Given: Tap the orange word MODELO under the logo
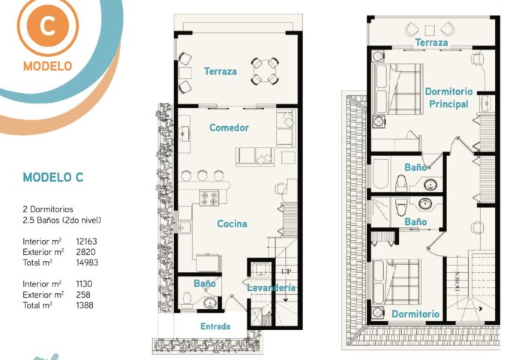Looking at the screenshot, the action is click(x=47, y=66).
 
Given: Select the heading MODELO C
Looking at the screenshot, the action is click(x=53, y=177).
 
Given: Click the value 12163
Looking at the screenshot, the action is click(x=86, y=241).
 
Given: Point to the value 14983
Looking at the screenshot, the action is click(x=87, y=262).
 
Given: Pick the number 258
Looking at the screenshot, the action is click(x=83, y=295).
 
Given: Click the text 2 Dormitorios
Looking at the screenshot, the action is click(x=48, y=209).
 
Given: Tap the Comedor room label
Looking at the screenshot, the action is click(x=229, y=127).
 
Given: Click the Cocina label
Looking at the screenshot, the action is click(x=232, y=223).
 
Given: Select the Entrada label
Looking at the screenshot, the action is click(x=215, y=326).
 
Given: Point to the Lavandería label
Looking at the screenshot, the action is click(x=271, y=288).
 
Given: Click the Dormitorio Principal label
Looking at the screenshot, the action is click(x=448, y=97).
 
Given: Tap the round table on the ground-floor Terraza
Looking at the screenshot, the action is click(x=265, y=71).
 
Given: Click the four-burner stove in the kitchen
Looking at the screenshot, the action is click(x=209, y=197).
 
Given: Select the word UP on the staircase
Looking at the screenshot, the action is click(x=286, y=271).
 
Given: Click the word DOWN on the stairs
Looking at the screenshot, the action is click(x=457, y=281).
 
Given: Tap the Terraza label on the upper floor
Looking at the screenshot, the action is click(x=431, y=43).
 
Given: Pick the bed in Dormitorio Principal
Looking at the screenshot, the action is click(x=397, y=89).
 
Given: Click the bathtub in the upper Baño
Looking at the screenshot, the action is click(x=381, y=174).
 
